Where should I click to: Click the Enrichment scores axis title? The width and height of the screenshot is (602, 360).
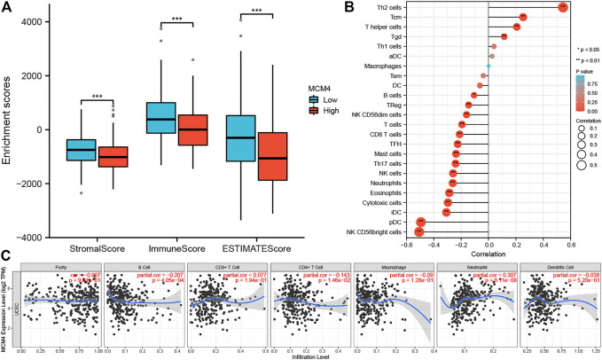click(x=8, y=124)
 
